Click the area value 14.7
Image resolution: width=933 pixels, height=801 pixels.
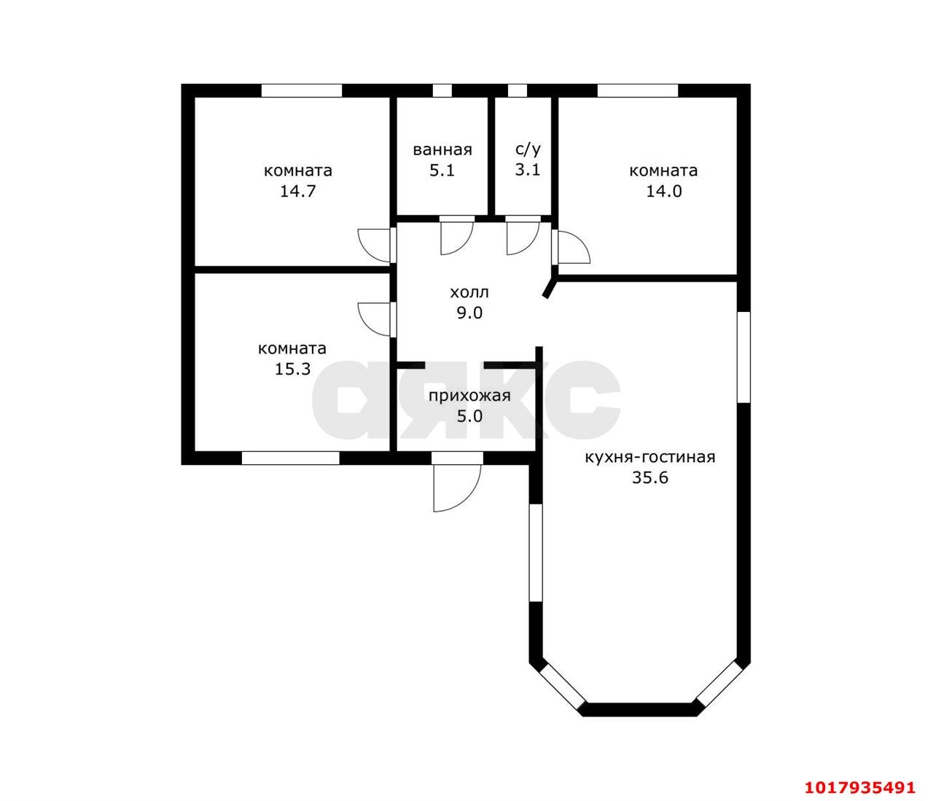point(298,192)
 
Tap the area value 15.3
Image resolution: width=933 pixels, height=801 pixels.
point(293,369)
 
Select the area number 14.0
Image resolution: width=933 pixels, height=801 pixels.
point(664,192)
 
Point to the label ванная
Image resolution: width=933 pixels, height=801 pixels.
point(442,150)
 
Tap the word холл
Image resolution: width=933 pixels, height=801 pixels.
point(469,292)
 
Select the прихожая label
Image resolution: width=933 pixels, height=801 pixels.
point(469,396)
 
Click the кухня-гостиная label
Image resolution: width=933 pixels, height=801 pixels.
point(650,457)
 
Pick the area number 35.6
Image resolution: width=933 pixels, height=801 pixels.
point(650,477)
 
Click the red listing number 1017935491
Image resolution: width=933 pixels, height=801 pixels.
point(860,775)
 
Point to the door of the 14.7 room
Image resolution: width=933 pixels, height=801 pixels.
point(374,246)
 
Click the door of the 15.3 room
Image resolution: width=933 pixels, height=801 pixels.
point(374,319)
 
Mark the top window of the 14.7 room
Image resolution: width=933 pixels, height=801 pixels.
point(302,90)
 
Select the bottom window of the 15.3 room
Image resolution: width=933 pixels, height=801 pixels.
point(291,458)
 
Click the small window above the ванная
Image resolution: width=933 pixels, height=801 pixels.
point(442,90)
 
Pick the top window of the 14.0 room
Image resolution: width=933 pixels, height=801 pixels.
point(638,90)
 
